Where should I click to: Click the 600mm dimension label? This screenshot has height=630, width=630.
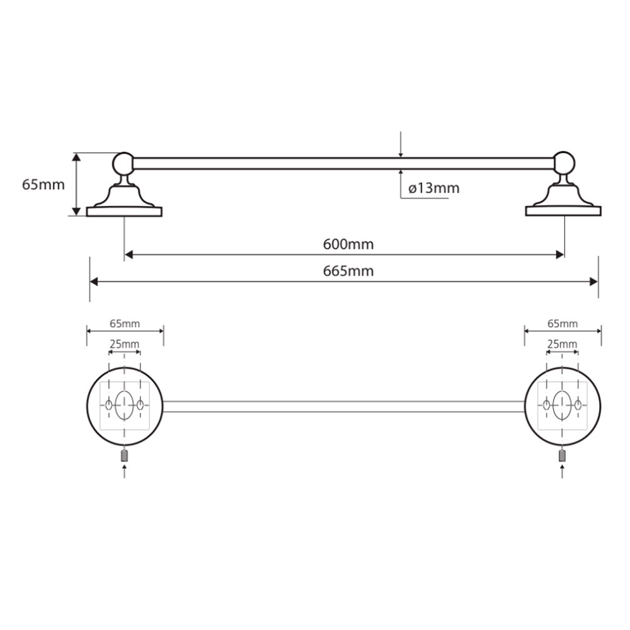[x=348, y=244]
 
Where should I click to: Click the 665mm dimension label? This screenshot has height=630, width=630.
[x=348, y=271]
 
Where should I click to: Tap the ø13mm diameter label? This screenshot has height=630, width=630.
[x=434, y=188]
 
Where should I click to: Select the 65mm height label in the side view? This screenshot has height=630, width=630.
[x=43, y=185]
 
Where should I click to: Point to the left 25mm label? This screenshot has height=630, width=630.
[x=125, y=345]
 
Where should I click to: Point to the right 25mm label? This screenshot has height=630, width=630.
[x=562, y=345]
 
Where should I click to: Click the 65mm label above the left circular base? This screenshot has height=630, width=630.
[x=125, y=324]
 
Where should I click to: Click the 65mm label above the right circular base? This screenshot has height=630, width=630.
[x=563, y=324]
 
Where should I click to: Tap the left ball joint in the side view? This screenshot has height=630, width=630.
[x=123, y=164]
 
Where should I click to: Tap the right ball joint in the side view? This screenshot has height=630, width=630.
[x=564, y=163]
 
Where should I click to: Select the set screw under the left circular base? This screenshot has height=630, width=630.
[x=124, y=455]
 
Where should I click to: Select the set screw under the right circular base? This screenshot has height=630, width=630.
[x=562, y=455]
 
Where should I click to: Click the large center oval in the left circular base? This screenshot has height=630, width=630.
[x=125, y=405]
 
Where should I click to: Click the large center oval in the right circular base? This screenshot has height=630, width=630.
[x=562, y=405]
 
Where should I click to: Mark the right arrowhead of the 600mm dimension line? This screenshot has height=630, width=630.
[x=559, y=255]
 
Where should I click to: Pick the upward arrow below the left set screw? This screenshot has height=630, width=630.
[x=124, y=471]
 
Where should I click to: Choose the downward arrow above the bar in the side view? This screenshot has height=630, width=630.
[x=401, y=144]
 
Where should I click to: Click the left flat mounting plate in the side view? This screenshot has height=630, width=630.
[x=124, y=212]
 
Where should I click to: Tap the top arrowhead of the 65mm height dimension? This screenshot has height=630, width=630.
[x=76, y=157]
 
